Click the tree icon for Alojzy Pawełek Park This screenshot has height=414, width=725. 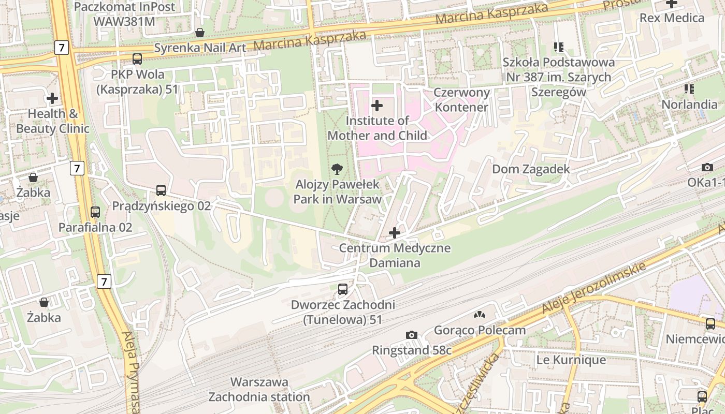337,169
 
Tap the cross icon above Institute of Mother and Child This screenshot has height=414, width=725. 377,106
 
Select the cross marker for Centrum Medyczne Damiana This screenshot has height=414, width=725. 395,233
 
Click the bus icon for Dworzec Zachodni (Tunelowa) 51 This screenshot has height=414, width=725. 343,289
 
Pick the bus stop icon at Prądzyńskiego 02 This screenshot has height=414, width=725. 161,190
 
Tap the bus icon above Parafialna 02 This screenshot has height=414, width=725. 95,212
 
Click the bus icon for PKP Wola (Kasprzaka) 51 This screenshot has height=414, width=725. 137,59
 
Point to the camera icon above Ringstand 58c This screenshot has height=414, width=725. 412,335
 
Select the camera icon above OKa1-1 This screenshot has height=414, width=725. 707,167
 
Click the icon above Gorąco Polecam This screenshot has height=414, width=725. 480,315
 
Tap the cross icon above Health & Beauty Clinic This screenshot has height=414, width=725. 52,98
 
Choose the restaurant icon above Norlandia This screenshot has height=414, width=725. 689,89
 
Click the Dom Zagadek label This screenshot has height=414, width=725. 530,169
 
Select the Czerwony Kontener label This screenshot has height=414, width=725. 461,100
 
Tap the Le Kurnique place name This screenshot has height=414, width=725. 571,360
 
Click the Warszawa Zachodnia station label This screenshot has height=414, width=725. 259,390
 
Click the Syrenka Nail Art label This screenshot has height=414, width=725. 200,48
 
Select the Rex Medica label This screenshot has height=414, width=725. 672,18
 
